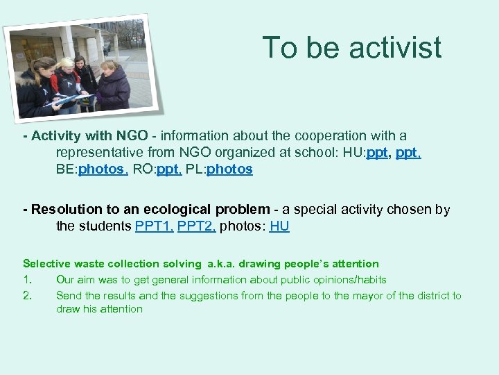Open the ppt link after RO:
pos(169,169)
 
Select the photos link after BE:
pos(103,169)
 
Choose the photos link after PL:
pos(229,169)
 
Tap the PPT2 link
pos(197,226)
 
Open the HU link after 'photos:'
pos(279,226)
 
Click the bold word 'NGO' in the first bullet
pos(132,135)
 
